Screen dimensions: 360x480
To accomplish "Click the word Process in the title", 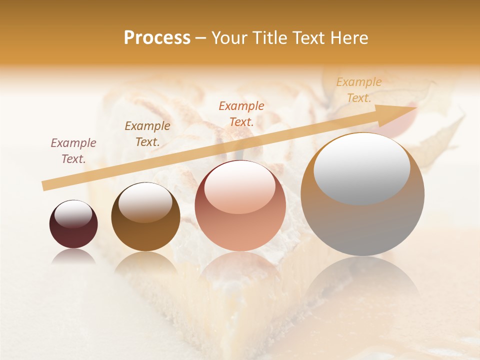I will [157, 38].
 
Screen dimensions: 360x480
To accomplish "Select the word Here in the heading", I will [349, 38].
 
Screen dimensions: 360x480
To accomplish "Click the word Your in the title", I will [229, 38].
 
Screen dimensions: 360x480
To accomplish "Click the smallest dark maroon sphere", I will [73, 224].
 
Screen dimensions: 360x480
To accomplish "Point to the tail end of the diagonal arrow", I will [45, 186].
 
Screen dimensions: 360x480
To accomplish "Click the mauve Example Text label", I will [73, 150].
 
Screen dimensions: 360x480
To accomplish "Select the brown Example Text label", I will [147, 133].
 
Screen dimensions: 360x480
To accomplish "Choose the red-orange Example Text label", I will [241, 113].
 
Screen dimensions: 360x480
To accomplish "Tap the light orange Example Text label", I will [359, 90].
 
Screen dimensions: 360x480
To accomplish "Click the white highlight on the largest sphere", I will [361, 167].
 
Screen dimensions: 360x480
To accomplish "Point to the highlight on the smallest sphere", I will [73, 214].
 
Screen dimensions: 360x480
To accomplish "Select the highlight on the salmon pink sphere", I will [240, 186].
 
